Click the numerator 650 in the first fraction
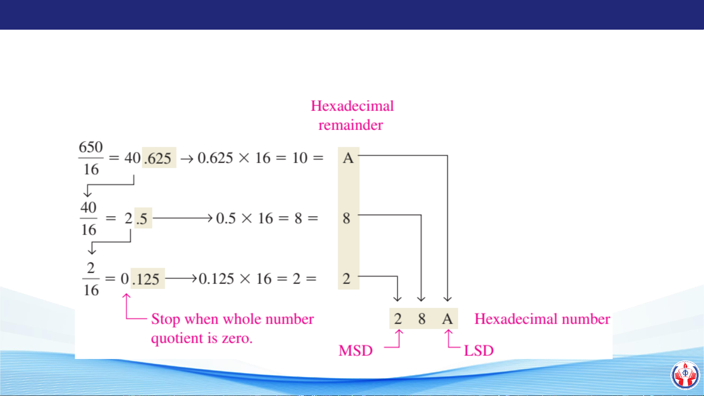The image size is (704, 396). click(91, 147)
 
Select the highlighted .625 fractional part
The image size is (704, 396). click(158, 158)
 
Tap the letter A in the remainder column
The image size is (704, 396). click(348, 158)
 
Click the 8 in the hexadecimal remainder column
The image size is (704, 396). click(346, 218)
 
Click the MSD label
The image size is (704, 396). click(355, 351)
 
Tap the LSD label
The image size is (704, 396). click(479, 351)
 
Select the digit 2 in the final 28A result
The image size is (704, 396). click(398, 319)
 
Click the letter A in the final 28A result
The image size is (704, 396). click(447, 319)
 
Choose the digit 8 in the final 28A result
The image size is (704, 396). click(422, 319)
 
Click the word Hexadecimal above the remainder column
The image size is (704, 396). click(352, 106)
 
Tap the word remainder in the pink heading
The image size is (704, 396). click(351, 125)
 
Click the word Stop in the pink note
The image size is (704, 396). click(165, 319)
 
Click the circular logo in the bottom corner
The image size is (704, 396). click(685, 375)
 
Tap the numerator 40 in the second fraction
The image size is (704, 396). click(88, 208)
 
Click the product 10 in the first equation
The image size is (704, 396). click(300, 158)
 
